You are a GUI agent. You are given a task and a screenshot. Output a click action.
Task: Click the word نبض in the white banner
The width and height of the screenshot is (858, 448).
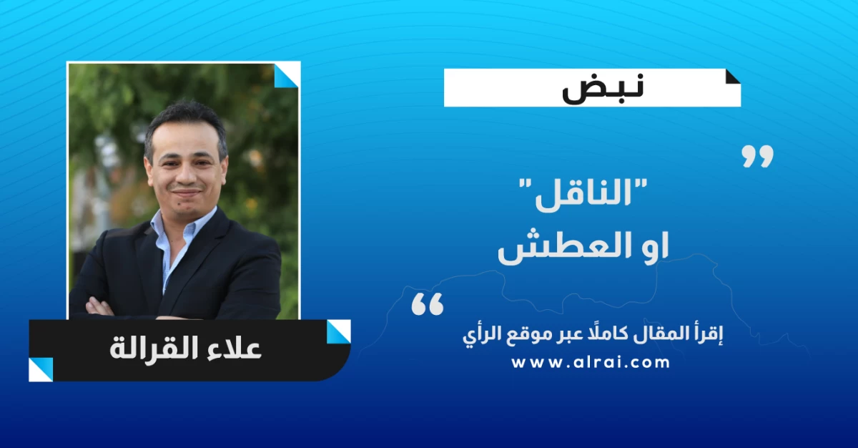603,89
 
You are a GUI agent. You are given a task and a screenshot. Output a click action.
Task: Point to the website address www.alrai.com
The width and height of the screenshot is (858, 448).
591,363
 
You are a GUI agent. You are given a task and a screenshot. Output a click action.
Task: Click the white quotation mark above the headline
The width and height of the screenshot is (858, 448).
757,156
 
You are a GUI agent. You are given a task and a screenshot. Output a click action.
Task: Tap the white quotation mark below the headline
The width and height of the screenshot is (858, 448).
427,304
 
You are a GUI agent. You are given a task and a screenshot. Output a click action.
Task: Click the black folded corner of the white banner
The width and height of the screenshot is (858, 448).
733,77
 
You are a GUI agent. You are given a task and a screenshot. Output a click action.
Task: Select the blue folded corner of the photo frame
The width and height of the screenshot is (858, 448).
287,75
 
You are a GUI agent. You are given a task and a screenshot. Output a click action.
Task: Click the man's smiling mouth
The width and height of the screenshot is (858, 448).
185,191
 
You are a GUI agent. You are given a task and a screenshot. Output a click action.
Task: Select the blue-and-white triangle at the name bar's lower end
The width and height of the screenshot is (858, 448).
41,369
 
